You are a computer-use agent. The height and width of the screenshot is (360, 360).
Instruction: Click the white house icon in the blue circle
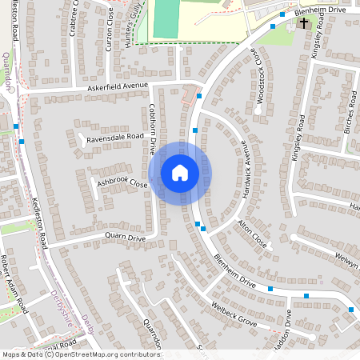[x=180, y=173]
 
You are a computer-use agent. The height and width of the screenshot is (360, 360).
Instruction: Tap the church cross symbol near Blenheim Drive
[x=305, y=24]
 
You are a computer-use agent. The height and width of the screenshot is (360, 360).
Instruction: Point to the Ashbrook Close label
[x=122, y=183]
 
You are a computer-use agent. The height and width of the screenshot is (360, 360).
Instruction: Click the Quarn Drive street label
[x=126, y=238]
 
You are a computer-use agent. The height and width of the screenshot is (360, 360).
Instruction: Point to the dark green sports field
[x=166, y=18]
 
